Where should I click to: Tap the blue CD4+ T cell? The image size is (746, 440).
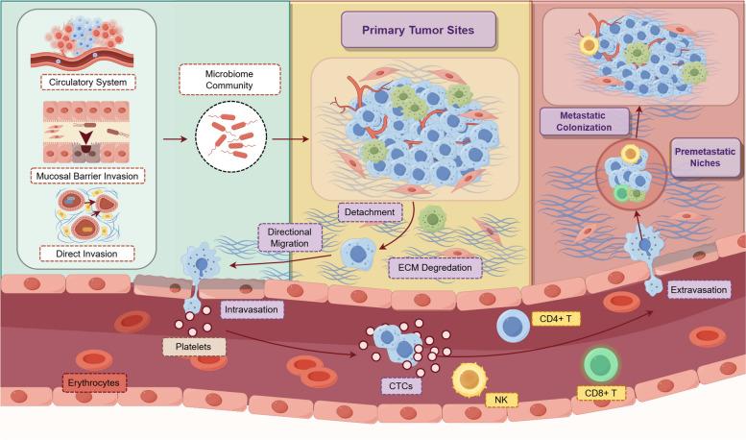(514, 327)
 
